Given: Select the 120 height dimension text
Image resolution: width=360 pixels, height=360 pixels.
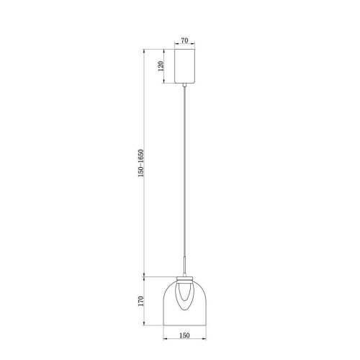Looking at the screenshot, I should [161, 66].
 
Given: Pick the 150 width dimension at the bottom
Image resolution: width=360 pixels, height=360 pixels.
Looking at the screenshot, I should [186, 333].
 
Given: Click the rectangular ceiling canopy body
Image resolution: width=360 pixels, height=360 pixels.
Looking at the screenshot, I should [186, 66].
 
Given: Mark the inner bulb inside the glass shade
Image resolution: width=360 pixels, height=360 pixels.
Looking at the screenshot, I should [186, 295].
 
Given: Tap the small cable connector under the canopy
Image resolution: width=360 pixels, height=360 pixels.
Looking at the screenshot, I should [186, 86].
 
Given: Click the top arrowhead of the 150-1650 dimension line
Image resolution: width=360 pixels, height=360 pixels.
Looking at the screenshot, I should [146, 50].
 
